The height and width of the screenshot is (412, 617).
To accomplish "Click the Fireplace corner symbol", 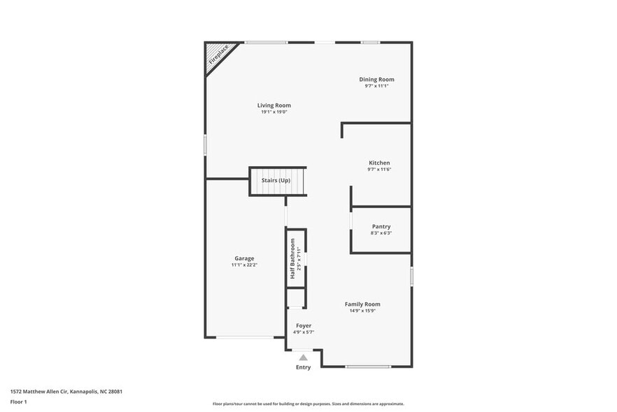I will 218,55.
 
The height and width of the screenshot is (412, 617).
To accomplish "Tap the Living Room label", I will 274,105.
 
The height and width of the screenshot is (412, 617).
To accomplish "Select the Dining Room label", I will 376,79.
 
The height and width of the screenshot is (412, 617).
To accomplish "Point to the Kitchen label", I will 379,163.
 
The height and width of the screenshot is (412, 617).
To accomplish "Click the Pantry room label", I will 381,226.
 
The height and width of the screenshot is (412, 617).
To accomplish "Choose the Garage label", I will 244,258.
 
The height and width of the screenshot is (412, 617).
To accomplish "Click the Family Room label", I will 362,304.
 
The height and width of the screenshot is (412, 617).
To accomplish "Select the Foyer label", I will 304,325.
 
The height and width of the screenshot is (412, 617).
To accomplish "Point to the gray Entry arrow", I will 304,357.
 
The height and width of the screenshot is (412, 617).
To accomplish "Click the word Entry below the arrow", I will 304,367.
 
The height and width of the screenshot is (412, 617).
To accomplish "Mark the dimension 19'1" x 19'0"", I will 274,112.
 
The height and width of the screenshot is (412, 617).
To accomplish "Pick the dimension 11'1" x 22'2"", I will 244,265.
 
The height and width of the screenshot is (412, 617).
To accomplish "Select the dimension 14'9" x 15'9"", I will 362,310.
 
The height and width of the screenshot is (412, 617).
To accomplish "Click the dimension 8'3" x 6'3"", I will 381,233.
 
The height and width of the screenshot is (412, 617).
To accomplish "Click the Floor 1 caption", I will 18,401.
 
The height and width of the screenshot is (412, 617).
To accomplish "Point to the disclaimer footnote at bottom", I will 308,404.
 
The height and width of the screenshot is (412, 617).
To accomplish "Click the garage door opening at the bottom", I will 245,338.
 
